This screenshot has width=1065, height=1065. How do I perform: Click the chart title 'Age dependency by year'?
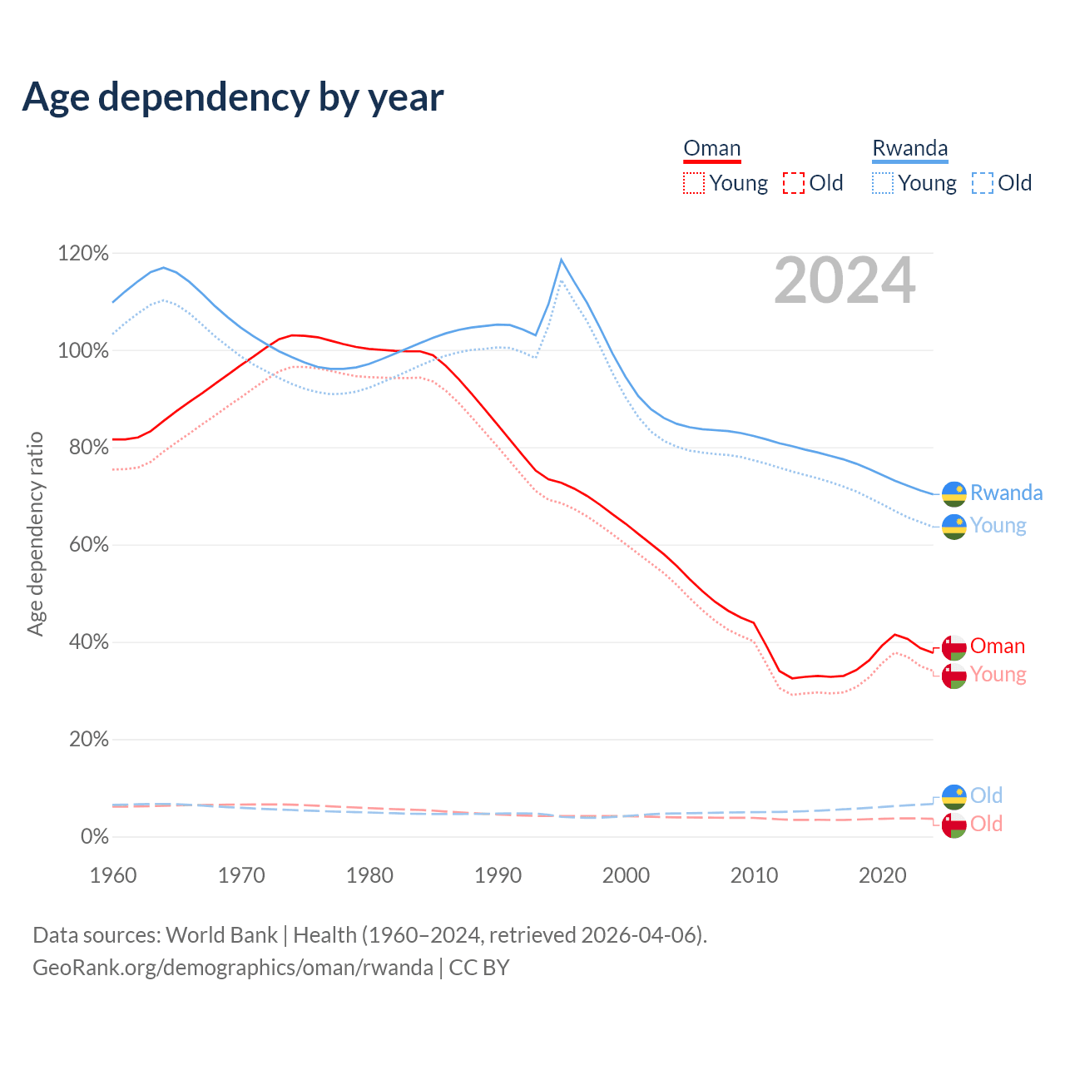(x=233, y=97)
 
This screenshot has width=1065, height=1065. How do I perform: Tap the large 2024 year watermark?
(x=845, y=281)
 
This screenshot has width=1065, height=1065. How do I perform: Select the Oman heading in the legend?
(x=711, y=149)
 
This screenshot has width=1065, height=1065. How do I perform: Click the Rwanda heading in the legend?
(x=909, y=149)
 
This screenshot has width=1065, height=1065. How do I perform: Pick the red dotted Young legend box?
(x=694, y=183)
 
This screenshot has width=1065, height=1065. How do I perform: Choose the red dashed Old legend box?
(x=794, y=183)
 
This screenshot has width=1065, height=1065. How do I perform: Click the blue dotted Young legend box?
(x=883, y=183)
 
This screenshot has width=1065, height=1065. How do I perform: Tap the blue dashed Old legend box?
(x=983, y=183)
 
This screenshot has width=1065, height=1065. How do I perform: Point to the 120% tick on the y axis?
(x=83, y=253)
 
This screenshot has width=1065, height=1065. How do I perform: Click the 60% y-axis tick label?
(x=87, y=545)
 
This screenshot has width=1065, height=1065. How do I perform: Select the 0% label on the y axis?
(x=95, y=836)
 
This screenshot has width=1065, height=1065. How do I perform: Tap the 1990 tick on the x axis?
(x=498, y=875)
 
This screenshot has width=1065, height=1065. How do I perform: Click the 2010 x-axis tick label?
(x=754, y=875)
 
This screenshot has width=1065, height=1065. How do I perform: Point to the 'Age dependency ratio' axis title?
(x=35, y=533)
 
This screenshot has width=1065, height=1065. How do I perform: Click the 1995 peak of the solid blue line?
(x=562, y=260)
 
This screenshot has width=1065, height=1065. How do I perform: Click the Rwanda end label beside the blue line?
(x=1006, y=493)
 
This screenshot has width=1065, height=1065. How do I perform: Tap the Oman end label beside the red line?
(x=997, y=646)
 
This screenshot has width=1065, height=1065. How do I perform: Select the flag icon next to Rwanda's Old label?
(x=954, y=797)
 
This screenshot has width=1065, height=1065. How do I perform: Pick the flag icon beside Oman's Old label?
(x=954, y=825)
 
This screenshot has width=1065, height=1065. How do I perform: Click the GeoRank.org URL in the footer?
(x=233, y=968)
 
